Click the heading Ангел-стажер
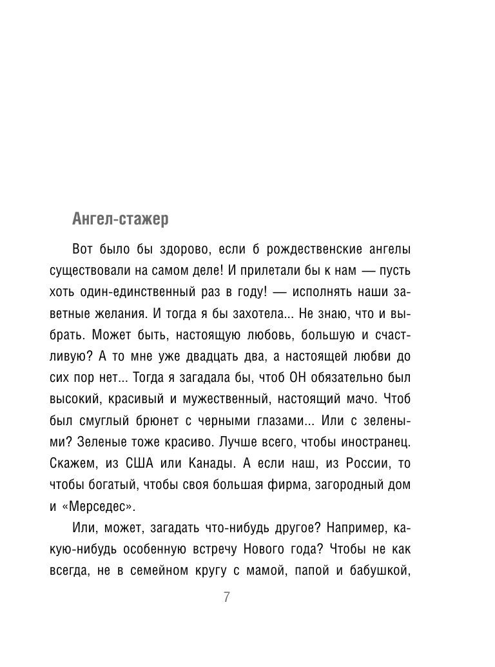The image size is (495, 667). pyautogui.click(x=121, y=219)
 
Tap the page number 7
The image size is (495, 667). pyautogui.click(x=227, y=597)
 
